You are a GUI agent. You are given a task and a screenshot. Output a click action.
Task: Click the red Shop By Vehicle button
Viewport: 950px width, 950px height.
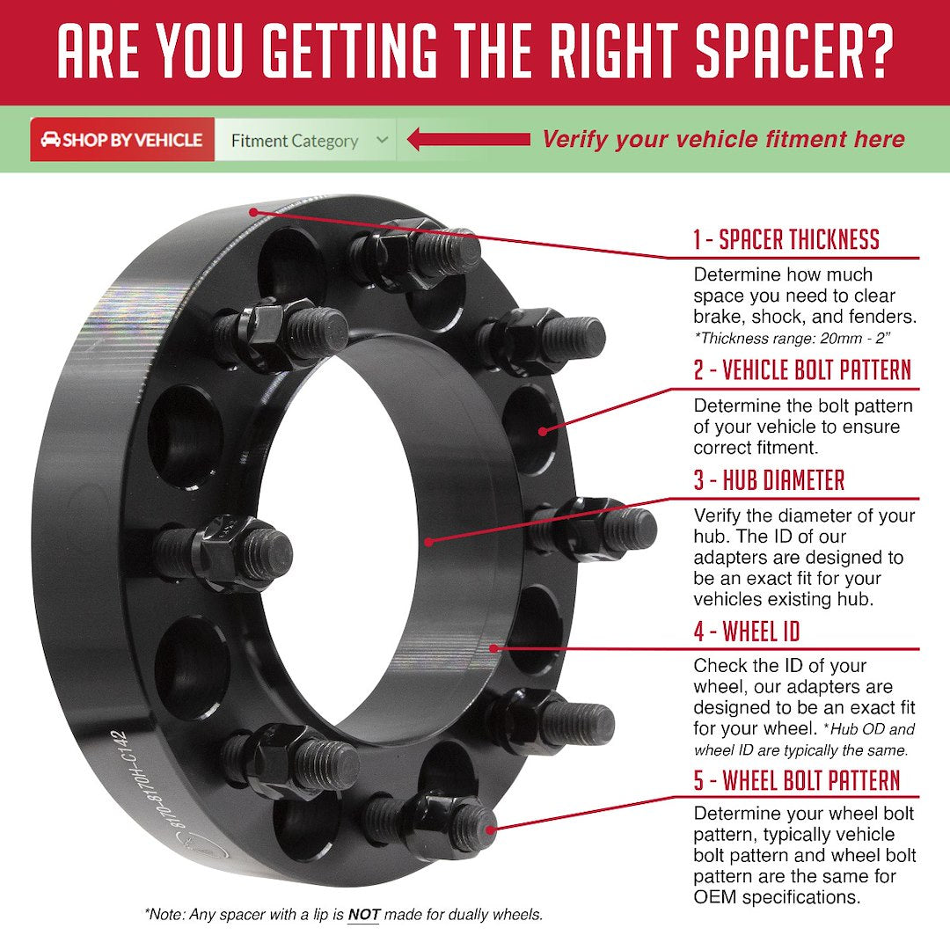click(x=122, y=139)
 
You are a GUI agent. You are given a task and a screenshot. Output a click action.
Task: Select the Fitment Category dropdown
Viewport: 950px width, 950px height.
click(x=305, y=139)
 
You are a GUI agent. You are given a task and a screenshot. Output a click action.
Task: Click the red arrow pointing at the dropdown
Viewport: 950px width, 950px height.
click(x=468, y=139)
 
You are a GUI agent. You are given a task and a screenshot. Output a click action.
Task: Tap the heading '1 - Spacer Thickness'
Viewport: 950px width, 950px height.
click(x=786, y=239)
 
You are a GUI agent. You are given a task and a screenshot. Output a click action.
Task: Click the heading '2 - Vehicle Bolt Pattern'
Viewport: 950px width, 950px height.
click(x=803, y=369)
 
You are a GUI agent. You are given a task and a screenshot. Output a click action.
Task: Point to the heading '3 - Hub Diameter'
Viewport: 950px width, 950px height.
click(x=770, y=480)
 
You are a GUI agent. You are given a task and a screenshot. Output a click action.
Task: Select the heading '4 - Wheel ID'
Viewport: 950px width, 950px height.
click(x=747, y=632)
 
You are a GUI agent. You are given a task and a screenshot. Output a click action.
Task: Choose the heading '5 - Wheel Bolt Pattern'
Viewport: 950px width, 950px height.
click(x=797, y=780)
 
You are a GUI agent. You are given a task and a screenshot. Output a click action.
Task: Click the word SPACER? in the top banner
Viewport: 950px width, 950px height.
click(x=794, y=51)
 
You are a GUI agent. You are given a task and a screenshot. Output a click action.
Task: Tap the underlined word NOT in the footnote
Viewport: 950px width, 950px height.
click(x=363, y=914)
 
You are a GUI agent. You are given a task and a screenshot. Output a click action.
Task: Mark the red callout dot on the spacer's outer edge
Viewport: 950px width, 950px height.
click(x=254, y=212)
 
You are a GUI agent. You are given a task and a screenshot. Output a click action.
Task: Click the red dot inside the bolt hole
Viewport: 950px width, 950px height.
click(x=543, y=431)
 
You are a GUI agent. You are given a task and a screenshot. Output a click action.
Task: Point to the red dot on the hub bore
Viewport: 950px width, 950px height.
click(x=429, y=542)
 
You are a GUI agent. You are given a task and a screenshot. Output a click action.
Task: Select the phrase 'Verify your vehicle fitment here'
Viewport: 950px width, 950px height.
click(x=723, y=139)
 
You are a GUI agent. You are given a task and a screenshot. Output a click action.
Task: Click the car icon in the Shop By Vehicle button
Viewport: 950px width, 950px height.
click(x=50, y=139)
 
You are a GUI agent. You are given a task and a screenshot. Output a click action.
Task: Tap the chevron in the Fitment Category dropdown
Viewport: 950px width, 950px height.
click(x=382, y=139)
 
